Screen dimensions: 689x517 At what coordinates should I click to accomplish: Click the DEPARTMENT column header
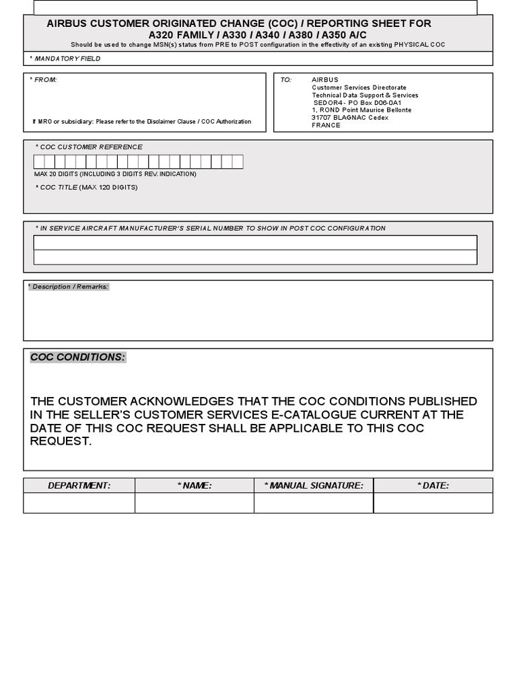pos(79,485)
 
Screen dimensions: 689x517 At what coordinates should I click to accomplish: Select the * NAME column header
pos(195,485)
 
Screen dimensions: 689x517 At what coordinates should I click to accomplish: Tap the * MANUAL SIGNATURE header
pos(314,485)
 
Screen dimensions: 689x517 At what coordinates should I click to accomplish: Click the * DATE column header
pos(433,485)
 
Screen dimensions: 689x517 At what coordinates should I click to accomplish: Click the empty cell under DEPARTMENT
pos(79,503)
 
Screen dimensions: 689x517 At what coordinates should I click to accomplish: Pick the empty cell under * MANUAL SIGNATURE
pos(314,503)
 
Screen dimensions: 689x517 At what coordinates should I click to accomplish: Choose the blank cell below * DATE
pos(433,503)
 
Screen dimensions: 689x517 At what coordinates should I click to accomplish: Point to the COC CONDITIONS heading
pos(77,357)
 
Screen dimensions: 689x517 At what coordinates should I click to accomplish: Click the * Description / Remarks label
pos(68,287)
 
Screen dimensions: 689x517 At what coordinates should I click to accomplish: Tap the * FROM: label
pos(43,79)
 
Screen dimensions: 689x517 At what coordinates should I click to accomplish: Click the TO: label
pos(286,79)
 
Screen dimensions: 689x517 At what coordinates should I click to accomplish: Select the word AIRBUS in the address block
pos(325,79)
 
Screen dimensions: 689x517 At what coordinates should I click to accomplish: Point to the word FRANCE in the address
pos(326,125)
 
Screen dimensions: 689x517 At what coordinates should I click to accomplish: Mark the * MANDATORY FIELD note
pos(65,59)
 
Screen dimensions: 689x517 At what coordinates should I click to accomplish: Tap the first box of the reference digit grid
pos(39,161)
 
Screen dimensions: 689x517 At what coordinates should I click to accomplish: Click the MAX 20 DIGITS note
pos(115,174)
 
